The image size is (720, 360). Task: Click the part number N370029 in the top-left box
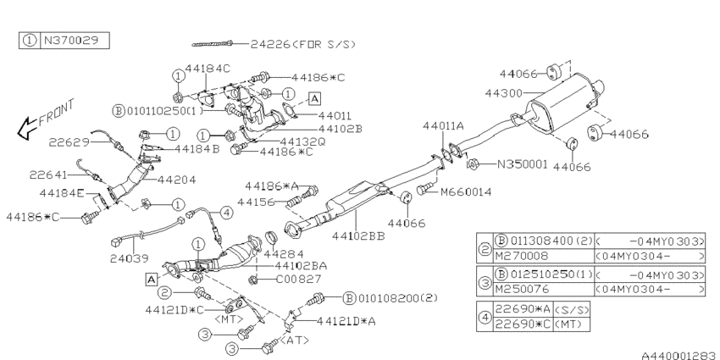click(70, 41)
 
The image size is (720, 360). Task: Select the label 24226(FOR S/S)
click(303, 44)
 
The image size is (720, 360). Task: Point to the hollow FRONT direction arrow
click(27, 129)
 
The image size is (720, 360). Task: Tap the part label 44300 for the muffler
click(504, 93)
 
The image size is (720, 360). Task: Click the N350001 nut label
click(523, 164)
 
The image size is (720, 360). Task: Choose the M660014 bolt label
click(466, 191)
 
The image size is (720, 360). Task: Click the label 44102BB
click(358, 236)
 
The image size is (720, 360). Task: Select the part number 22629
click(69, 142)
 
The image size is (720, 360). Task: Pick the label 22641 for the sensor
click(48, 175)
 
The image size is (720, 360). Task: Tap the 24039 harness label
click(130, 258)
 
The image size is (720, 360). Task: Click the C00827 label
click(298, 279)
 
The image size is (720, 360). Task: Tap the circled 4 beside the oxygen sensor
click(226, 212)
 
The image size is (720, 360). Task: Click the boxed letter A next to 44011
click(314, 98)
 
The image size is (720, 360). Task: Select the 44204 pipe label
click(176, 180)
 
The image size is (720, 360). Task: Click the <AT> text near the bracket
click(294, 341)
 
